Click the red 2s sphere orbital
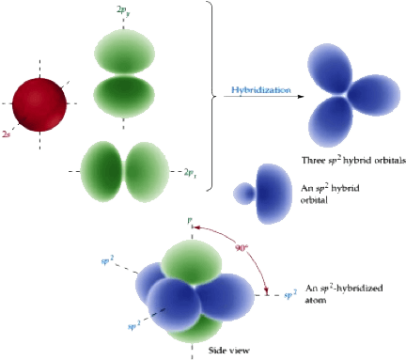tap(39, 106)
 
